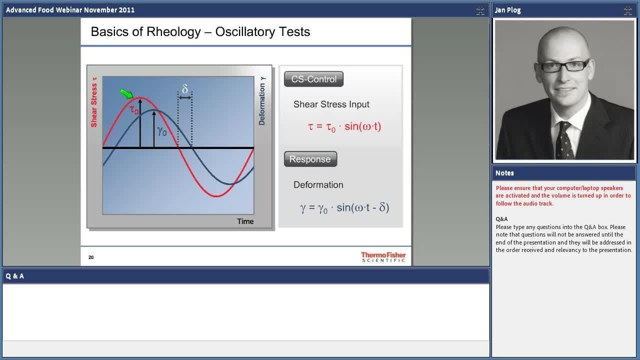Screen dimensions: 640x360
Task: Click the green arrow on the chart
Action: (x=126, y=93)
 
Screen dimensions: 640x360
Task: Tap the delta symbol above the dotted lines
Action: (x=185, y=89)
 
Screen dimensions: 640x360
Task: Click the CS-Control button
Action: (x=313, y=79)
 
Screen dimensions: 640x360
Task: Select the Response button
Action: (x=310, y=159)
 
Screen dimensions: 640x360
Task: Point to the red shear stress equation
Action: (x=344, y=126)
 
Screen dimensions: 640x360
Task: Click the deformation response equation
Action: (x=344, y=207)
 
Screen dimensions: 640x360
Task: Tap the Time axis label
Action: (x=245, y=221)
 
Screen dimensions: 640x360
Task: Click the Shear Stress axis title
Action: (x=93, y=102)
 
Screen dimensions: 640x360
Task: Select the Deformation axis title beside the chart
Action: (x=262, y=101)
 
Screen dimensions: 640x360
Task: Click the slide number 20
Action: (x=91, y=257)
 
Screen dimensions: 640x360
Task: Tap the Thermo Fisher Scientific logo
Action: (x=383, y=257)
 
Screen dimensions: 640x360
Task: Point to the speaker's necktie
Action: (x=565, y=140)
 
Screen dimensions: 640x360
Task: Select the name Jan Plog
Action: (x=507, y=10)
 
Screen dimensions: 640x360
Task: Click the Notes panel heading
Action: (x=504, y=173)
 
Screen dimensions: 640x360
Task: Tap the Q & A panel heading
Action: (x=14, y=276)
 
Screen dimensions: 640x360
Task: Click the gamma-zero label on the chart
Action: (x=161, y=131)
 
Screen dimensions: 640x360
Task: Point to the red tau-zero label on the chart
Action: (x=133, y=109)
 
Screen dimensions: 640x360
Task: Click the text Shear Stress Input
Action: (x=331, y=104)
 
